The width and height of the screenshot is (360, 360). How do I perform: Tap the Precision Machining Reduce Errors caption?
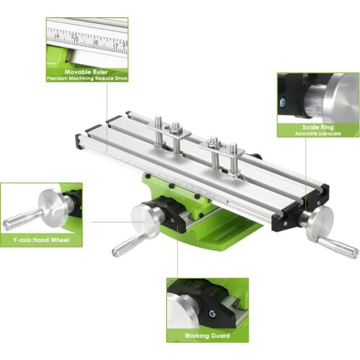[86, 78]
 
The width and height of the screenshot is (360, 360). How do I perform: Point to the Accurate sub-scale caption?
[318, 134]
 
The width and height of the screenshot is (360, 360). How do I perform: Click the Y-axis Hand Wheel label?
[41, 240]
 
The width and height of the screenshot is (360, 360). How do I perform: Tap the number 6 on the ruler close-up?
[96, 42]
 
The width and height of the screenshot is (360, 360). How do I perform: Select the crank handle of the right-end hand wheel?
[338, 247]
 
